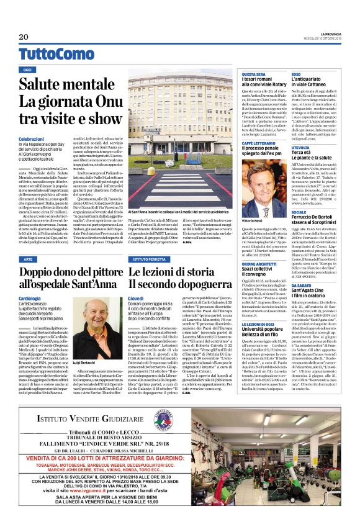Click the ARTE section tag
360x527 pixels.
point(28,258)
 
